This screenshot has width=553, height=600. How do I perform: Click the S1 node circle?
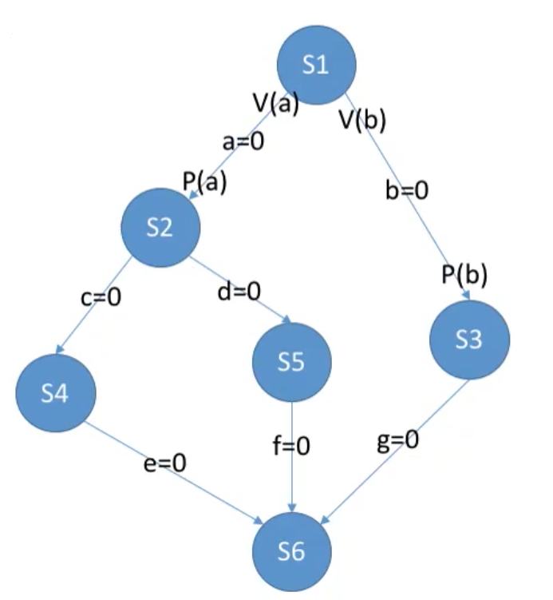pos(316,66)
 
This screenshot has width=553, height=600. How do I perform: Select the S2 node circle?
pos(160,228)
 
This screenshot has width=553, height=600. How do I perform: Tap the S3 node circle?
pos(469,340)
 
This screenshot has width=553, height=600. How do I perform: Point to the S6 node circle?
pos(291,552)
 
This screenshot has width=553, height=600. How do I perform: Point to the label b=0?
pos(407,192)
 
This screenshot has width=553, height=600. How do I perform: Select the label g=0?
pos(397,441)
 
